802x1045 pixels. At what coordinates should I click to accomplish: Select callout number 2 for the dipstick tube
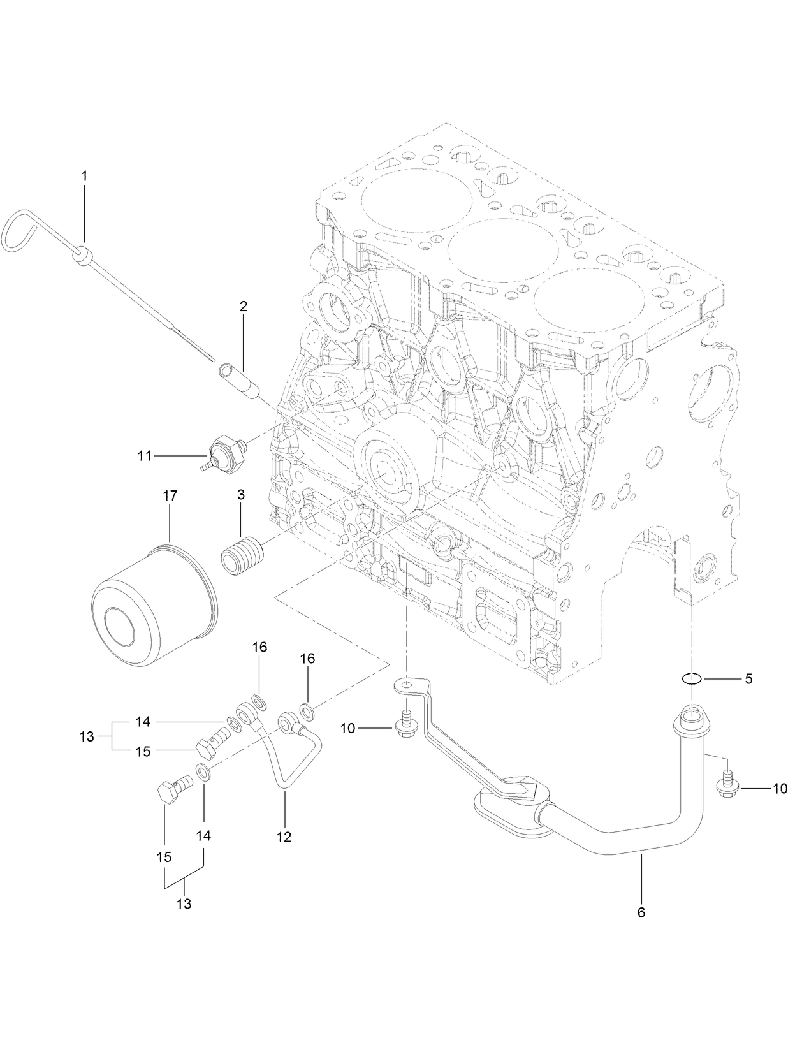tap(244, 306)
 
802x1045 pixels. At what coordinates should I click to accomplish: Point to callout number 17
tap(170, 495)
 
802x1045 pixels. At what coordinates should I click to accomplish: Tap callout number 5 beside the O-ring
tap(748, 679)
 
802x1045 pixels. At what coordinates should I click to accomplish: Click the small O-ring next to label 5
tap(692, 679)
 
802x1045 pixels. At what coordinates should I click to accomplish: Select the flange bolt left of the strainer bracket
tap(406, 728)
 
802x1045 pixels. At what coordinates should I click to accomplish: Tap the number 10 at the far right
tap(780, 789)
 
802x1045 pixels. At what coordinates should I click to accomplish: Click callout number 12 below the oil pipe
tap(284, 837)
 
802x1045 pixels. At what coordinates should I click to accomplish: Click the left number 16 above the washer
tap(259, 647)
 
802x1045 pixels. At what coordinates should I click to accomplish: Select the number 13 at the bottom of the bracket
tap(184, 903)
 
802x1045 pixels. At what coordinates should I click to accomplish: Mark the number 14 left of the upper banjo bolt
tap(143, 722)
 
